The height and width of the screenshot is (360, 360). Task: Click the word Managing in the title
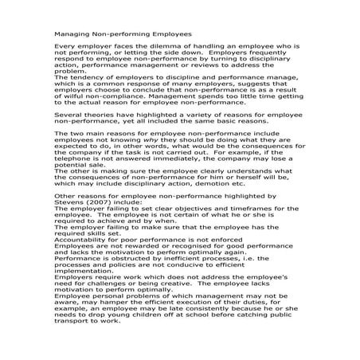(69, 35)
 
